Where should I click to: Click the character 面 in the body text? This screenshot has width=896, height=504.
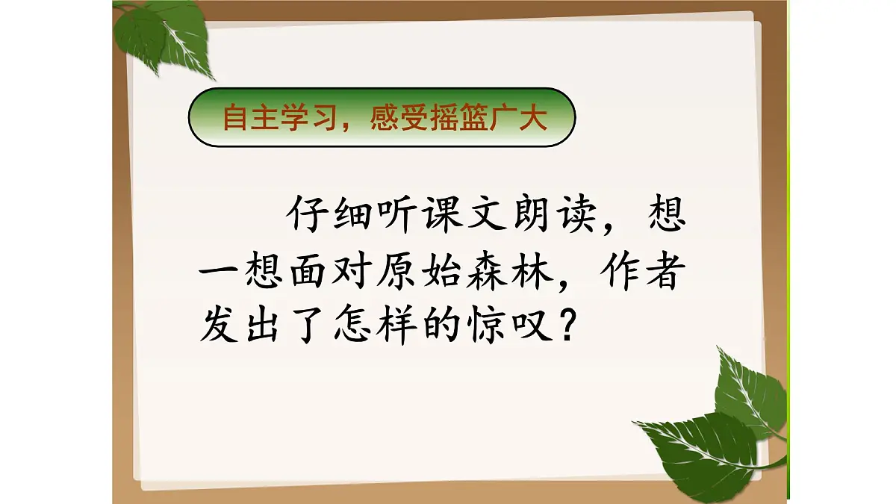point(319,273)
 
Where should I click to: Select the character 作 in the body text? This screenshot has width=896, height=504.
point(608,273)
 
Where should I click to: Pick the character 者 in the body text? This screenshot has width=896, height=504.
point(656,273)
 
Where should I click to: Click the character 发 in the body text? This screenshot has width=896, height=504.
point(222,326)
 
